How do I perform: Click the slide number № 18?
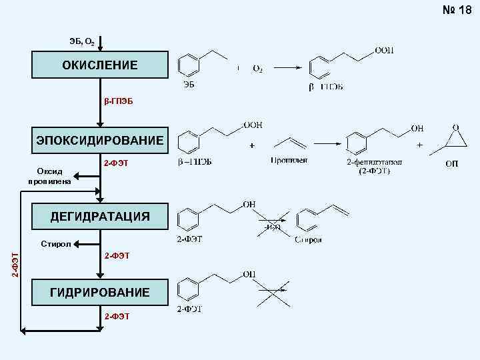click(456, 11)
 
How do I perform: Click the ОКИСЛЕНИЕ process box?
click(100, 65)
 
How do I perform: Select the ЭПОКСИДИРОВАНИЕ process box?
click(100, 140)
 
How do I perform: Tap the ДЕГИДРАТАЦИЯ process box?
click(100, 216)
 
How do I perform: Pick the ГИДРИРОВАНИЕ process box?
click(100, 292)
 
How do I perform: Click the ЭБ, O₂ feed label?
click(81, 42)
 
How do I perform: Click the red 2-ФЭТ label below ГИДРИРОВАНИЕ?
click(117, 316)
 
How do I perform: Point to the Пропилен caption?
click(288, 161)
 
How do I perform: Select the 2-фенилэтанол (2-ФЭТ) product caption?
click(374, 166)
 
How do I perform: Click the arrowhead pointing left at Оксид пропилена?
click(74, 177)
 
